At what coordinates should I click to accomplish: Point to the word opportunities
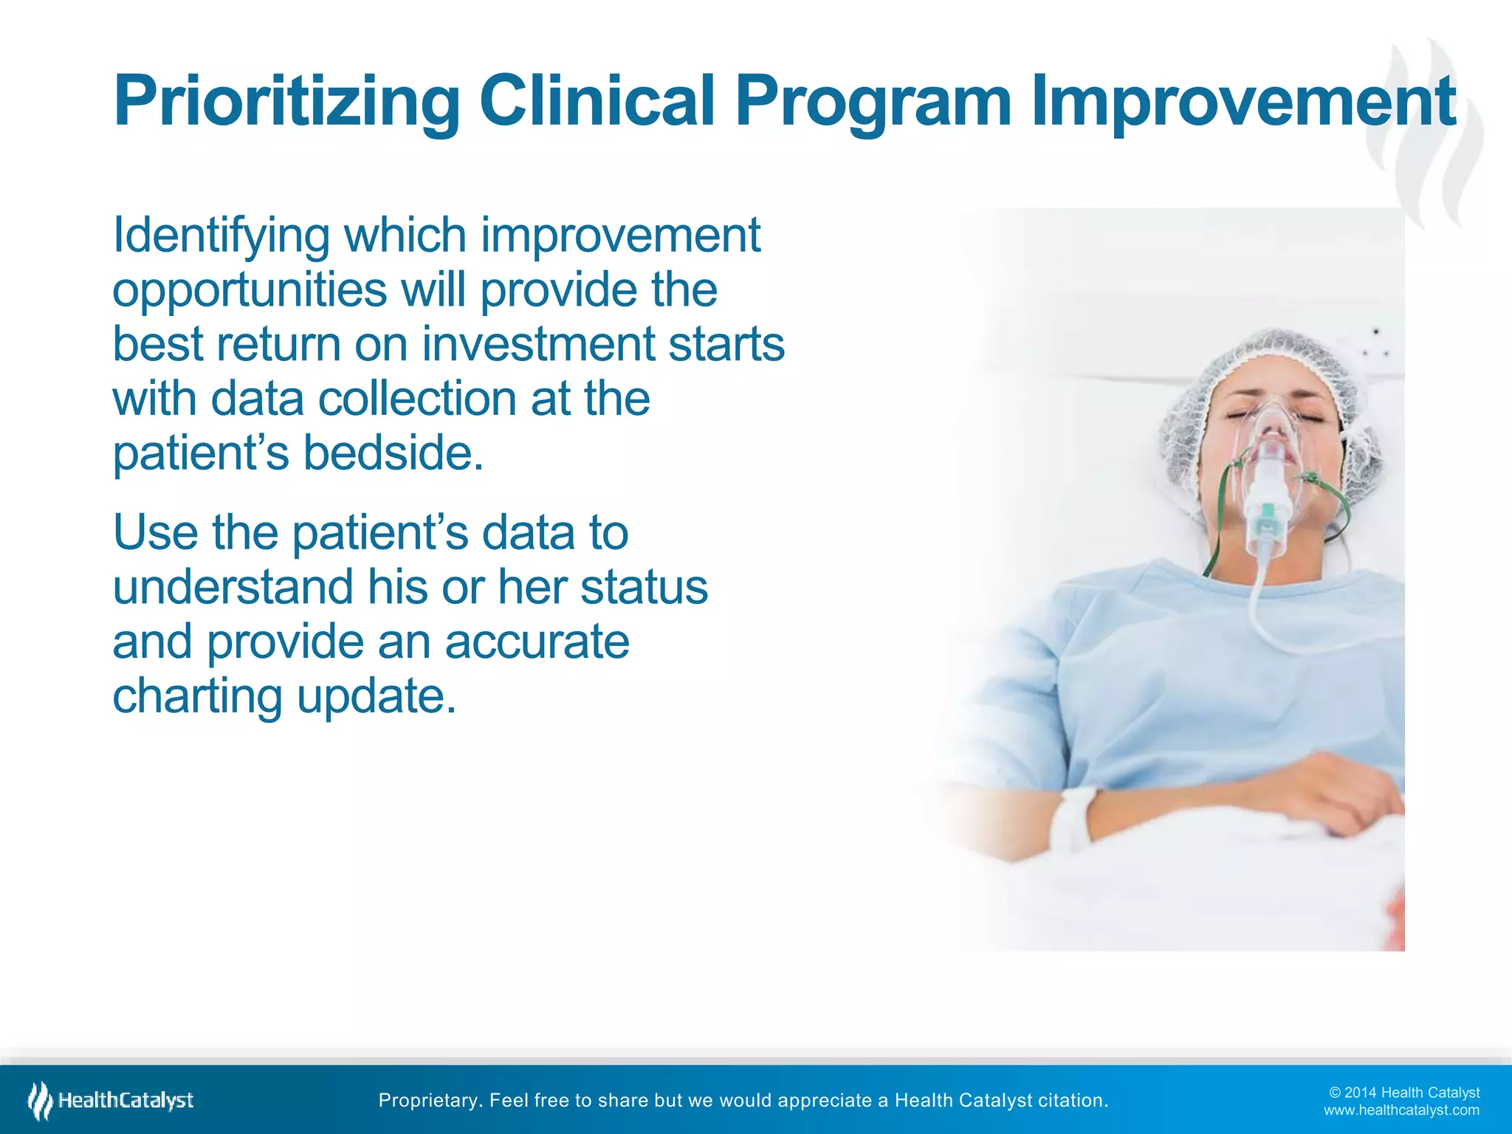pyautogui.click(x=250, y=291)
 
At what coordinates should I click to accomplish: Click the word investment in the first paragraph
pyautogui.click(x=538, y=344)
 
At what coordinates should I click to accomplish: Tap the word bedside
pyautogui.click(x=393, y=453)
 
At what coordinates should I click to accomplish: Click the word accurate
pyautogui.click(x=537, y=641)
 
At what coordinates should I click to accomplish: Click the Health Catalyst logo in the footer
pyautogui.click(x=111, y=1101)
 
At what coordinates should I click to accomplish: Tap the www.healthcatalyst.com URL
pyautogui.click(x=1401, y=1110)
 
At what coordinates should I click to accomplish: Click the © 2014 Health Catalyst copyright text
pyautogui.click(x=1404, y=1093)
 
